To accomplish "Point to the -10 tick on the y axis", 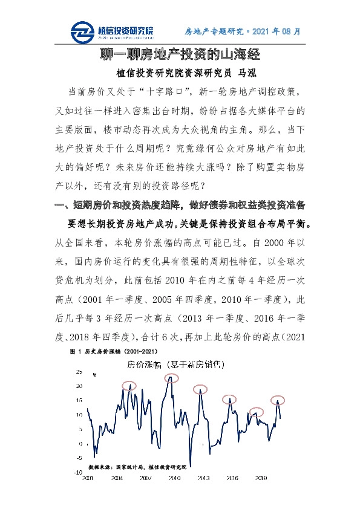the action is [77, 472].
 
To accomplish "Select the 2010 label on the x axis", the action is [174, 478].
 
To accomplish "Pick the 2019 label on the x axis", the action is [261, 478].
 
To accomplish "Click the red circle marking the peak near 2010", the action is [172, 378].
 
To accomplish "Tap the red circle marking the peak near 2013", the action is [200, 389].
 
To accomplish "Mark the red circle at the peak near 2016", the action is [229, 399].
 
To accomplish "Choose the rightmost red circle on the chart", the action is [278, 399].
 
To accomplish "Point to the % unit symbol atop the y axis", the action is [94, 375].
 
